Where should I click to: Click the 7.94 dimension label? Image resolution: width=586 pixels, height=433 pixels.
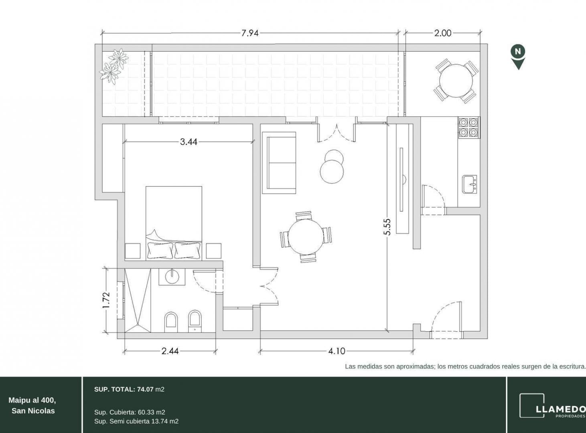[x=250, y=33]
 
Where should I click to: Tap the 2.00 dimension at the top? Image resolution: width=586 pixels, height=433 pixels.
[x=443, y=33]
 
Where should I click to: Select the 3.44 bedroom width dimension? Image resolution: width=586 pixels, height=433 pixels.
[x=189, y=142]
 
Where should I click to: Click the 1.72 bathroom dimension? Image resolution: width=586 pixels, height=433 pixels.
[x=106, y=300]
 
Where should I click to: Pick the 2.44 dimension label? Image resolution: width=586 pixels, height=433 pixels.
[x=170, y=351]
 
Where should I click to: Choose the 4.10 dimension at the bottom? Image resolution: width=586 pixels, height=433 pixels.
[x=337, y=351]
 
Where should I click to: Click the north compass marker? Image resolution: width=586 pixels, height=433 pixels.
[x=518, y=57]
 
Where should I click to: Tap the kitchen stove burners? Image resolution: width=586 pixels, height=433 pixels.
[x=469, y=127]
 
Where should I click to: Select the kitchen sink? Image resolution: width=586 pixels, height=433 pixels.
[x=470, y=184]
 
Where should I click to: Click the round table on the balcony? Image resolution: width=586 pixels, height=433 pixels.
[x=456, y=81]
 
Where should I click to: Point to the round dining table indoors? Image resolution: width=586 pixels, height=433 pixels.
[x=306, y=237]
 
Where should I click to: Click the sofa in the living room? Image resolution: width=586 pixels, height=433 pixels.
[x=279, y=163]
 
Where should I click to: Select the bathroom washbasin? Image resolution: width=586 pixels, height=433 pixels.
[x=172, y=277]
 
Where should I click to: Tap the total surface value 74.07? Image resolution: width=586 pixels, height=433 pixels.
[x=145, y=389]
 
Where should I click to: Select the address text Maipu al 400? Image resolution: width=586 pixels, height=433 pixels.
[x=32, y=400]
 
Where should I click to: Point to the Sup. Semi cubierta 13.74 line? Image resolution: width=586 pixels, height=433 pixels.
[x=136, y=421]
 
